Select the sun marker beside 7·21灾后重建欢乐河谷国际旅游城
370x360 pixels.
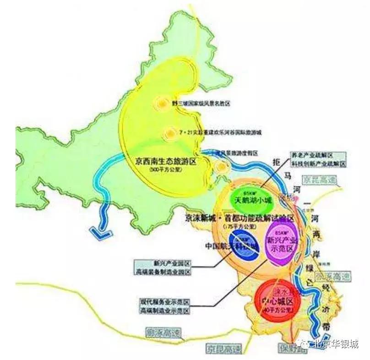[170, 133]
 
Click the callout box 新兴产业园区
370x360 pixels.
[163, 264]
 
